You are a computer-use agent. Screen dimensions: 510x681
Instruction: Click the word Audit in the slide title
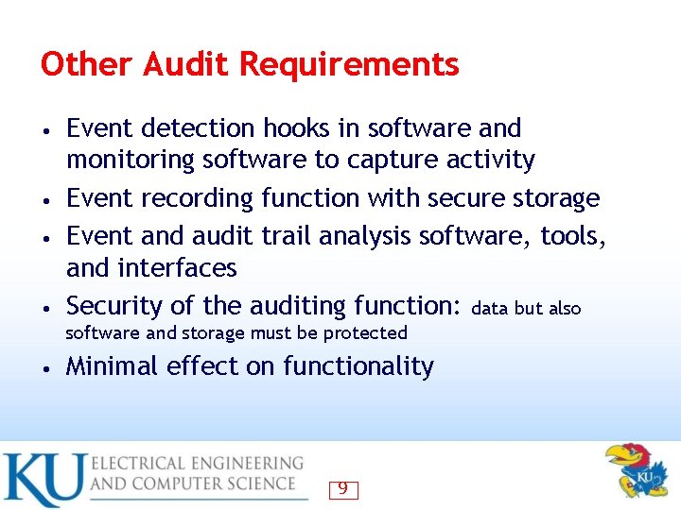[185, 65]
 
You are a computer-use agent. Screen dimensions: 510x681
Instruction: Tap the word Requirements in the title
[349, 66]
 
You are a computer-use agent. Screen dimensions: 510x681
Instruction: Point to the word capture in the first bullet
[389, 161]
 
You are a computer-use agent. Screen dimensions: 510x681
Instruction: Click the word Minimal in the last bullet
[113, 366]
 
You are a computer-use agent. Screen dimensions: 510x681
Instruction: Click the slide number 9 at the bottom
[342, 489]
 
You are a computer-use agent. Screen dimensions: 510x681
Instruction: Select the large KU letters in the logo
[44, 481]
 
